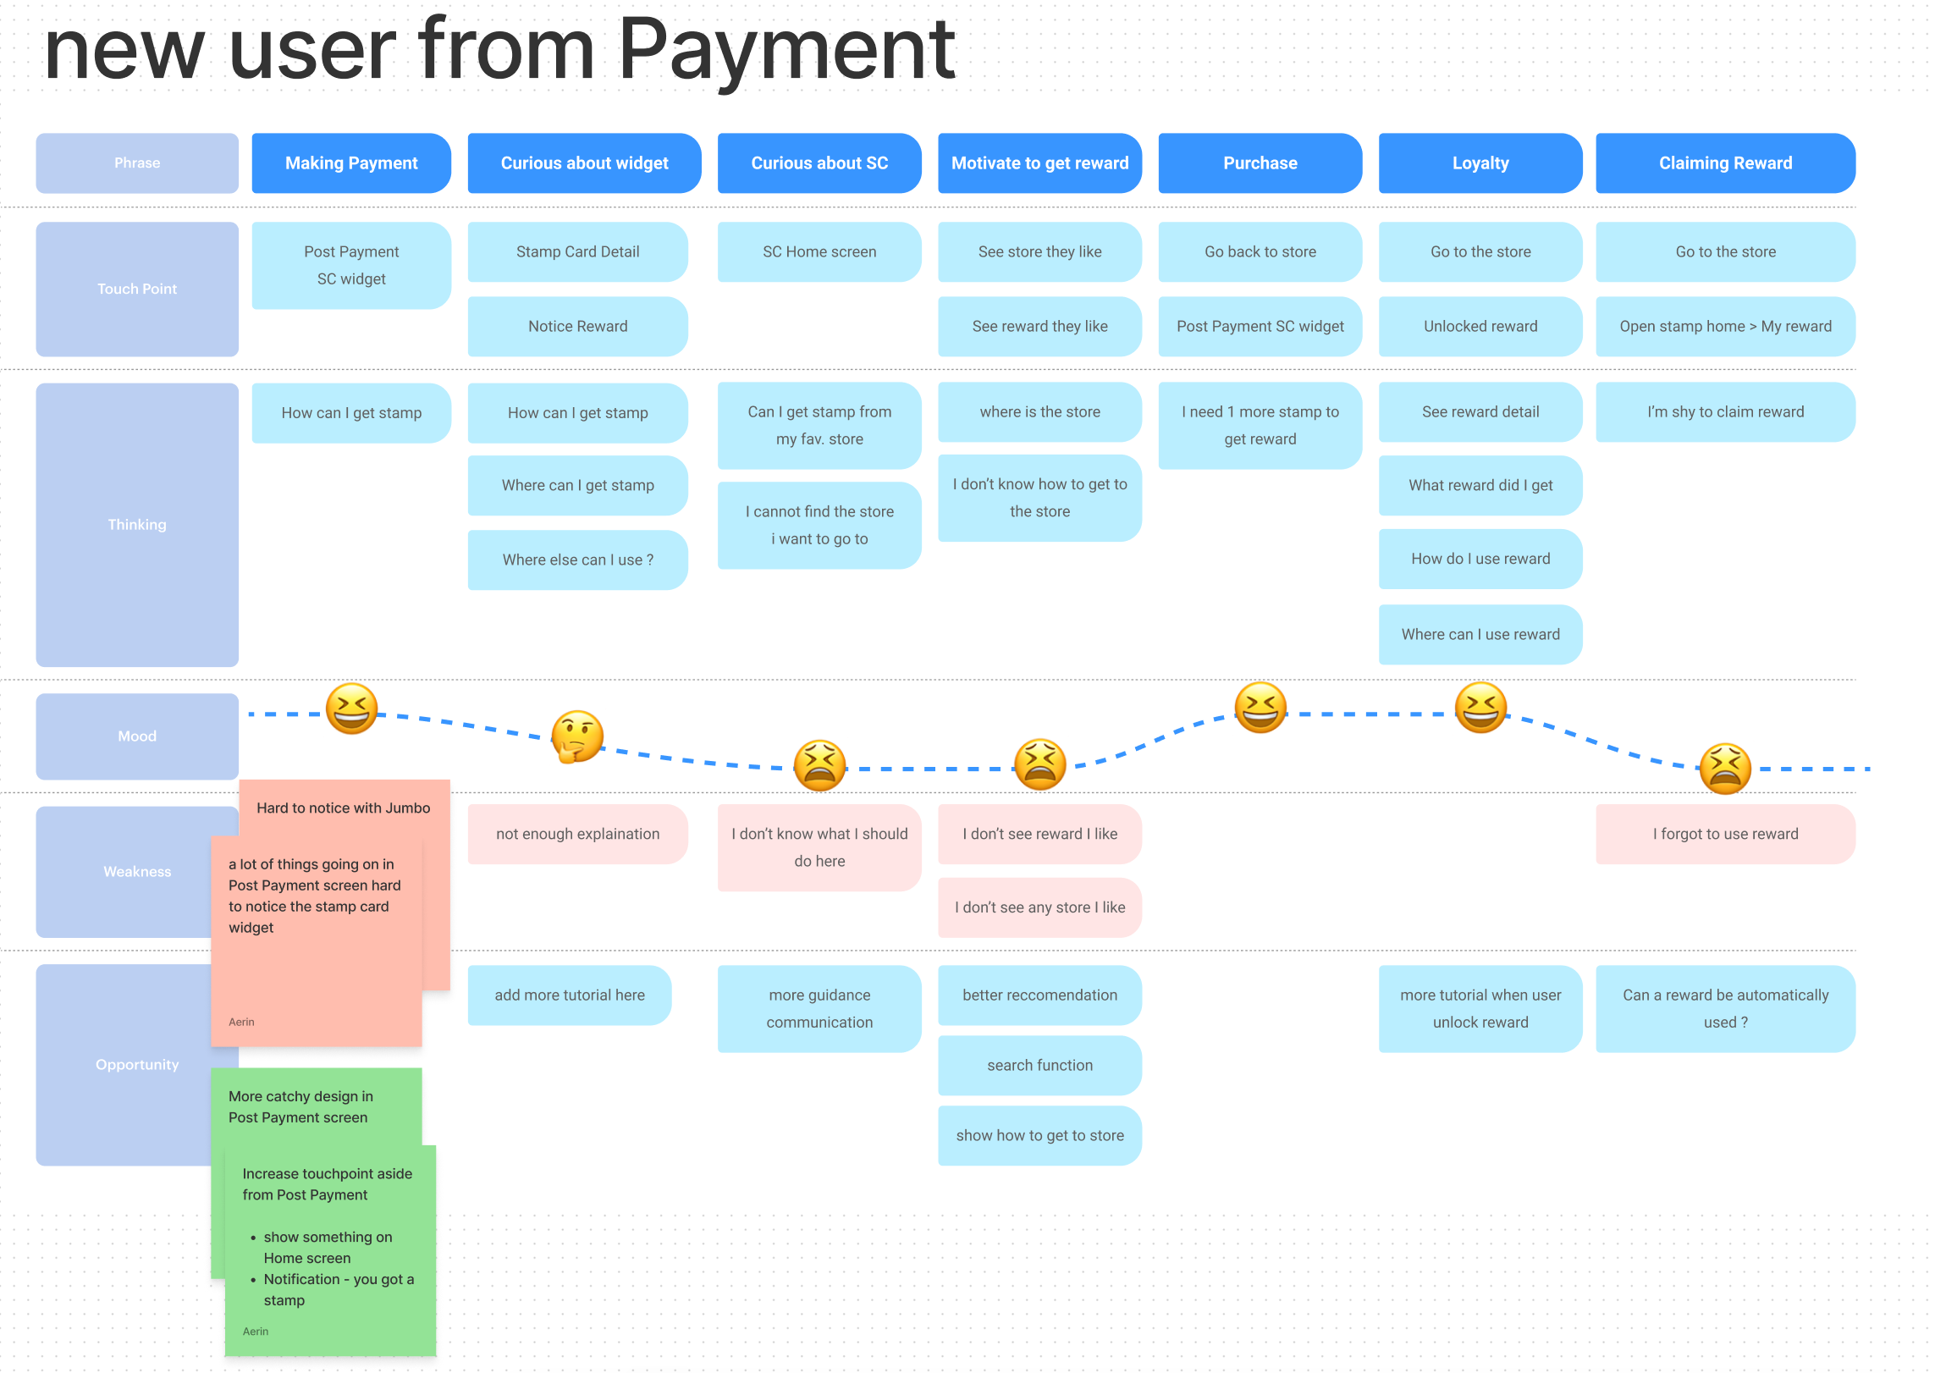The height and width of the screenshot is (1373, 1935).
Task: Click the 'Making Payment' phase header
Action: point(351,163)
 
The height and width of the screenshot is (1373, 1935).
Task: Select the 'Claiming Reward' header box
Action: point(1724,163)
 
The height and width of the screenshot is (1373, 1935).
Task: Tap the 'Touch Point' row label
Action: point(137,289)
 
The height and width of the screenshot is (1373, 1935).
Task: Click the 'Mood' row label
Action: point(137,736)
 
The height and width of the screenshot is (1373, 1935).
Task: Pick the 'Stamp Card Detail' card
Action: point(577,252)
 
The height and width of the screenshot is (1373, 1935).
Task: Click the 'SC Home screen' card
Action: point(819,252)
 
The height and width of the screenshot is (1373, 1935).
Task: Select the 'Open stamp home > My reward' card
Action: point(1724,327)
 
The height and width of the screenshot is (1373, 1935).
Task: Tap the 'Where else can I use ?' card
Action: point(577,560)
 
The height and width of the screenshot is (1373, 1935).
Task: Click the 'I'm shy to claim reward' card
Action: point(1724,412)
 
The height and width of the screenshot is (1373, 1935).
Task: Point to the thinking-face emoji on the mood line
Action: point(577,736)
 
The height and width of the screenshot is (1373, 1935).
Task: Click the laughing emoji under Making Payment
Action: point(351,709)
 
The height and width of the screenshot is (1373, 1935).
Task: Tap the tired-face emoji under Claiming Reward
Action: point(1724,769)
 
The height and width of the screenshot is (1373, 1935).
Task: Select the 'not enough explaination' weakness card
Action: point(577,835)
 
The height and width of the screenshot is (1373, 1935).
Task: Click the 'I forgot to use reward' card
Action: point(1724,835)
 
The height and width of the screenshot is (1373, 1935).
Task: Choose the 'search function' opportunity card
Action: point(1039,1066)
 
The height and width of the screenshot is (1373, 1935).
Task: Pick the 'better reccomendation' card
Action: point(1039,995)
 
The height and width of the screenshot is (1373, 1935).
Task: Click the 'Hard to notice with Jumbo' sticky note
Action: point(343,808)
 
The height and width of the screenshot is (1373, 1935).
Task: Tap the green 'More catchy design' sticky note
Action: point(300,1107)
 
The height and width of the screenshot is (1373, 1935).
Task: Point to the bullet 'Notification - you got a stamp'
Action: point(338,1289)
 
